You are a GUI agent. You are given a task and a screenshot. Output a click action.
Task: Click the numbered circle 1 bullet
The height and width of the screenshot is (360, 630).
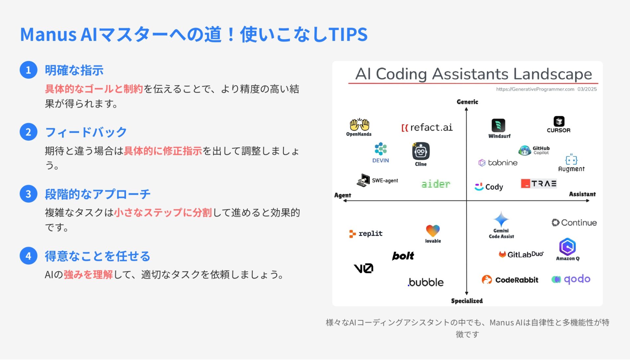[x=29, y=70]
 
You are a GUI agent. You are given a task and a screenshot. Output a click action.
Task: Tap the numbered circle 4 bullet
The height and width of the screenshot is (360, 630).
[x=29, y=256]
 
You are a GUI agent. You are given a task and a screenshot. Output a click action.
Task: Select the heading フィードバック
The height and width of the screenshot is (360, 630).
[x=86, y=132]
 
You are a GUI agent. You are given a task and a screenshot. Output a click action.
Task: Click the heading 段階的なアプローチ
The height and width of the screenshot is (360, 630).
[x=98, y=194]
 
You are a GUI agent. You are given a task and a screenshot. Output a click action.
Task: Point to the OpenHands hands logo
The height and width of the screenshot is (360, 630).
[x=359, y=125]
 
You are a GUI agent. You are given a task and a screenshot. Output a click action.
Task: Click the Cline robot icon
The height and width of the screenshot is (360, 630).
[x=421, y=151]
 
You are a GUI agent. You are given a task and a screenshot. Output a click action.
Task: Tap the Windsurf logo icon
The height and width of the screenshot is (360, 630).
[x=498, y=126]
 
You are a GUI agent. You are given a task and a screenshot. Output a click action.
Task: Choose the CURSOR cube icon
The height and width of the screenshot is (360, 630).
[x=559, y=121]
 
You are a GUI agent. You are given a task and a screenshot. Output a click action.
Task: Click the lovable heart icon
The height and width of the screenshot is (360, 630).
[x=433, y=231]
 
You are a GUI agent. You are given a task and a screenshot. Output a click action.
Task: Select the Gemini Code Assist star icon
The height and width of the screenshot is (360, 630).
[x=501, y=219]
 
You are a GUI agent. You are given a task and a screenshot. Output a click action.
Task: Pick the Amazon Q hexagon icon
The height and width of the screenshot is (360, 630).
[x=567, y=247]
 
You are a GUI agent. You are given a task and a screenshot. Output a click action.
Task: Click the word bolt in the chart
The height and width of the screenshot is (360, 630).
[x=403, y=256]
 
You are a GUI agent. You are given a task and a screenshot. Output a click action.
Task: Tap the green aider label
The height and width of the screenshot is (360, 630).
[x=436, y=184]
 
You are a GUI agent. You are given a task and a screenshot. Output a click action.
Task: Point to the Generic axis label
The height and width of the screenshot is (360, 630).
[x=467, y=102]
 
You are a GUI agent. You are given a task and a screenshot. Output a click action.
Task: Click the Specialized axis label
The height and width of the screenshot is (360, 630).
[x=467, y=301]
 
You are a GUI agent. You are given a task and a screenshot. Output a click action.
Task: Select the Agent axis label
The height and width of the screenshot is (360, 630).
[x=343, y=195]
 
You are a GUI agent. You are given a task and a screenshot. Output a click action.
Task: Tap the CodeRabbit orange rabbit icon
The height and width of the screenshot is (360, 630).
[x=487, y=280]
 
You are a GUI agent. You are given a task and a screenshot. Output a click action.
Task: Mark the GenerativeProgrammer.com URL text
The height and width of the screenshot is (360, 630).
[x=535, y=89]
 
